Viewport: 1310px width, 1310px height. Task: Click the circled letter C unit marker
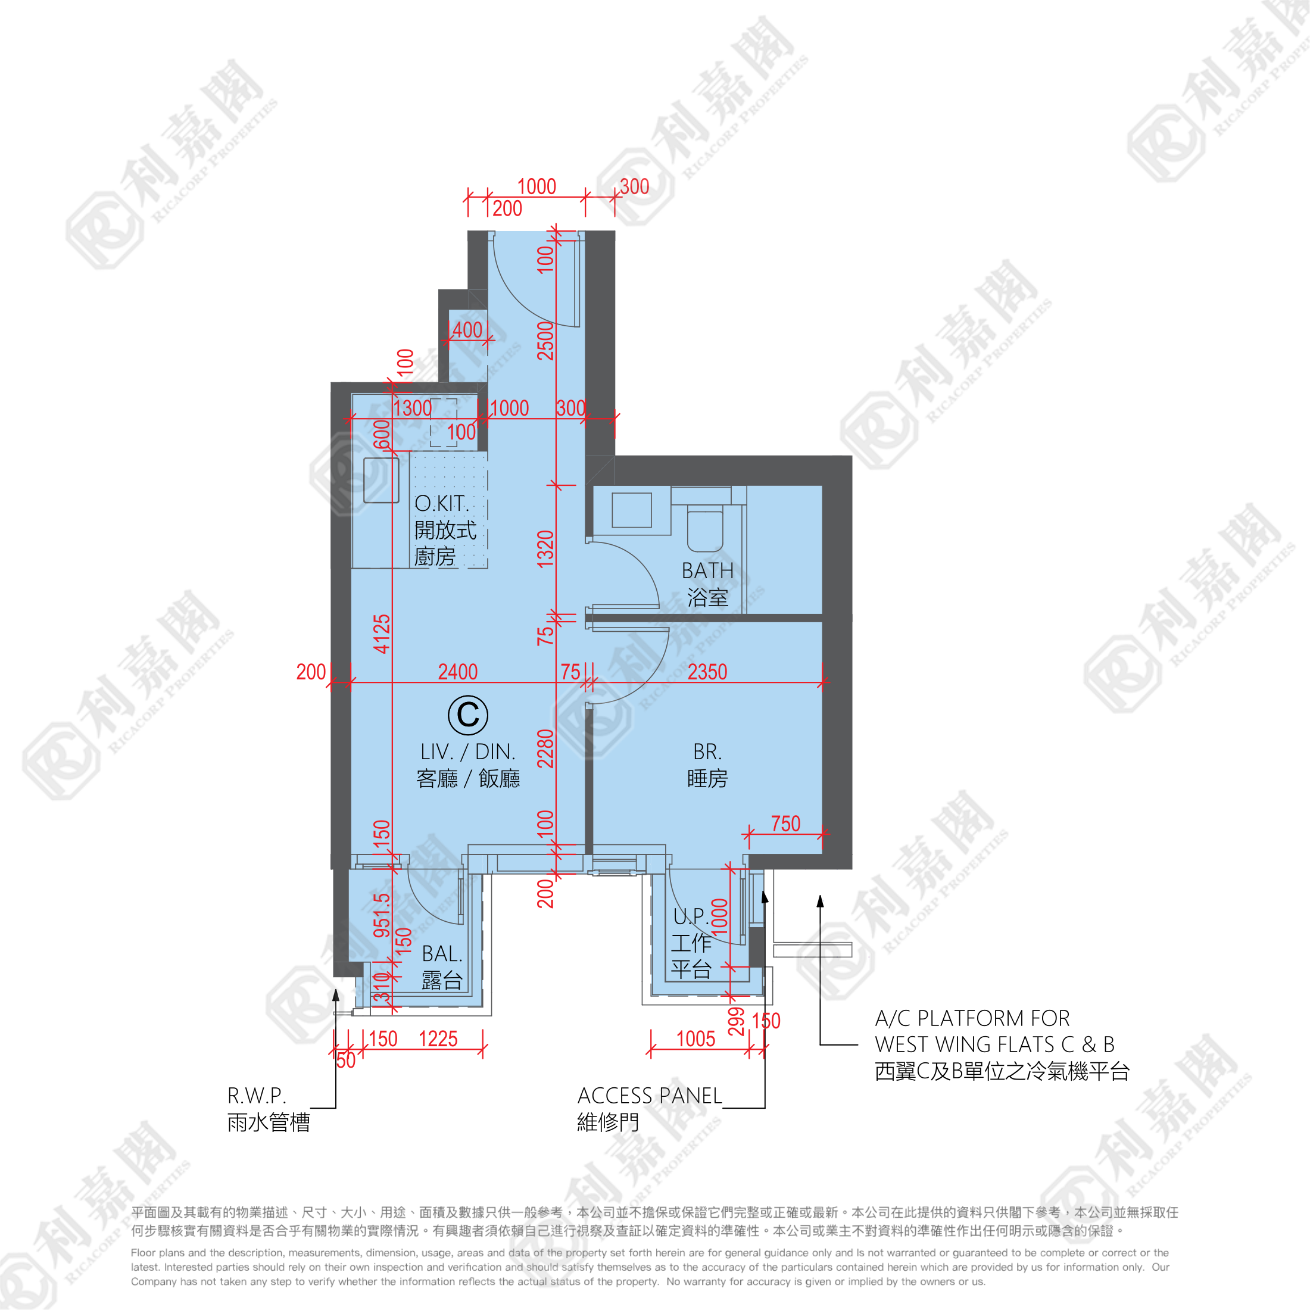coord(468,715)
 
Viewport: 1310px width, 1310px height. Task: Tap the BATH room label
coord(707,571)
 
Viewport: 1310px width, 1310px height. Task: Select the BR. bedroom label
coord(707,751)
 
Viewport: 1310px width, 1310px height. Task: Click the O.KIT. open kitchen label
coord(441,504)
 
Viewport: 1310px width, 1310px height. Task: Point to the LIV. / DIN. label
coord(468,751)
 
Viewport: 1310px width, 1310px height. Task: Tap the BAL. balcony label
coord(442,953)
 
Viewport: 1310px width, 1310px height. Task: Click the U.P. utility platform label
coord(691,917)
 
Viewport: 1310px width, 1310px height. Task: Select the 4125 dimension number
coord(382,634)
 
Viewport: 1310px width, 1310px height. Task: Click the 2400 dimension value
coord(458,672)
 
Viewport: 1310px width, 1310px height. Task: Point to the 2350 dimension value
coord(707,672)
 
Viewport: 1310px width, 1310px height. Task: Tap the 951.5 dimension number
coord(382,915)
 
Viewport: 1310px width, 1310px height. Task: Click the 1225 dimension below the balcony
coord(438,1039)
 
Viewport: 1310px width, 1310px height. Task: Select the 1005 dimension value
coord(695,1039)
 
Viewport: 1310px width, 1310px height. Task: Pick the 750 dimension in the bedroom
coord(786,824)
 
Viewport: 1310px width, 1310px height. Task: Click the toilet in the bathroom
coord(705,529)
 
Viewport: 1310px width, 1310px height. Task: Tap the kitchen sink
coord(381,480)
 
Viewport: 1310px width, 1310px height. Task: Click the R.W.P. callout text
coord(257,1096)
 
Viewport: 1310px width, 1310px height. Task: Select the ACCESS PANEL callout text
coord(650,1096)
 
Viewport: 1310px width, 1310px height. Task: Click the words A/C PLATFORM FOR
coord(972,1018)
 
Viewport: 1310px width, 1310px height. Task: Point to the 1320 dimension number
coord(546,548)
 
